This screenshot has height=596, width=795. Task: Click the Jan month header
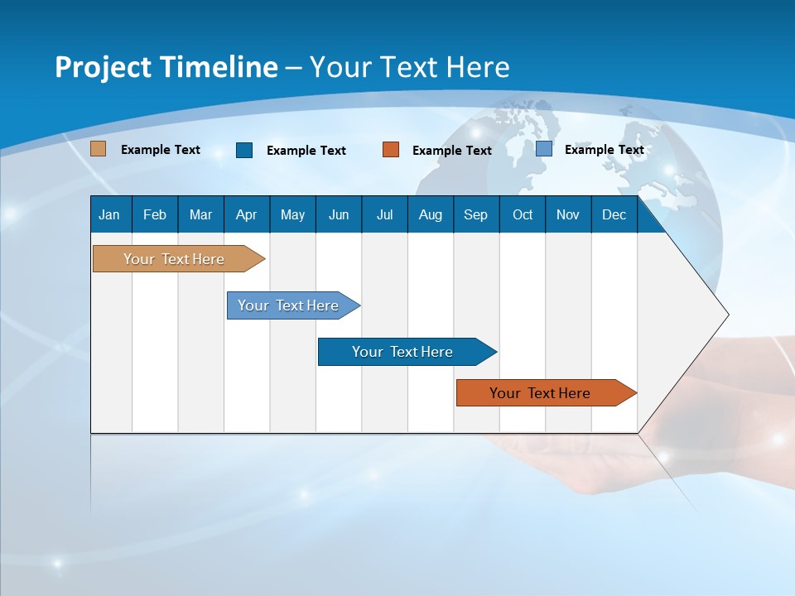pyautogui.click(x=110, y=214)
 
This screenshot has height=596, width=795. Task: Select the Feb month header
pyautogui.click(x=155, y=214)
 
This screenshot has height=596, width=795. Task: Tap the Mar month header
pyautogui.click(x=200, y=214)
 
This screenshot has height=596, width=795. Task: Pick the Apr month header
pyautogui.click(x=247, y=214)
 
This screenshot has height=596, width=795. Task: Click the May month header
pyautogui.click(x=292, y=214)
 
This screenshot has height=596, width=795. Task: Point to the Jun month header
pyautogui.click(x=339, y=214)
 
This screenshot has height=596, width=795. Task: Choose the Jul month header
pyautogui.click(x=384, y=214)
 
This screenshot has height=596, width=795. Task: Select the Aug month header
pyautogui.click(x=431, y=214)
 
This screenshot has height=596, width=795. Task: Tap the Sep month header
pyautogui.click(x=476, y=214)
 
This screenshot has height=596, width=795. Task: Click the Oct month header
pyautogui.click(x=523, y=214)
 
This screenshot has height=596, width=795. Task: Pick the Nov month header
pyautogui.click(x=568, y=214)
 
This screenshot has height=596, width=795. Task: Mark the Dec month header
pyautogui.click(x=614, y=214)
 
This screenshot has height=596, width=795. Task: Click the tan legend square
pyautogui.click(x=99, y=149)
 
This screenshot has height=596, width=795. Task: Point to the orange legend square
pyautogui.click(x=391, y=150)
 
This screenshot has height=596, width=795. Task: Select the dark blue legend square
pyautogui.click(x=244, y=150)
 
